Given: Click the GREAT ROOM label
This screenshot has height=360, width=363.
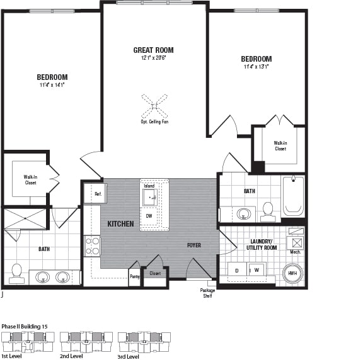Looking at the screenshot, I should (x=153, y=50).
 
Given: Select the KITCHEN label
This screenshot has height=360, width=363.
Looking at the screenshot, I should (x=120, y=224).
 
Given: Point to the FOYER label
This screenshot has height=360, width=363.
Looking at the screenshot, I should (x=193, y=245).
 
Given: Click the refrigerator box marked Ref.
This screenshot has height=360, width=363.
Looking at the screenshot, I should (x=97, y=194).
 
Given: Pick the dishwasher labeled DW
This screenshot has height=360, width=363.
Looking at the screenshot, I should (x=149, y=216).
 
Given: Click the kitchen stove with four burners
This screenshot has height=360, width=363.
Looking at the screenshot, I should (x=93, y=245).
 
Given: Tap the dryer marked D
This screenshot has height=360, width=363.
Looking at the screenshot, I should (x=237, y=270).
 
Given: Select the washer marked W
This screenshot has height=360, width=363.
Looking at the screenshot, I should (x=256, y=270).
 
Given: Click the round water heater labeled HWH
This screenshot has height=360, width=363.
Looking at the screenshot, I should (x=292, y=273).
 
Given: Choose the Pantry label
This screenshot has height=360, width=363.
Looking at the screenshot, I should (x=135, y=276).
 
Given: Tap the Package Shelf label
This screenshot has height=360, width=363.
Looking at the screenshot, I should (x=208, y=293).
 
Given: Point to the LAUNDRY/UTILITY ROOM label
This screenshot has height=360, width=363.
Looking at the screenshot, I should (x=261, y=245).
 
